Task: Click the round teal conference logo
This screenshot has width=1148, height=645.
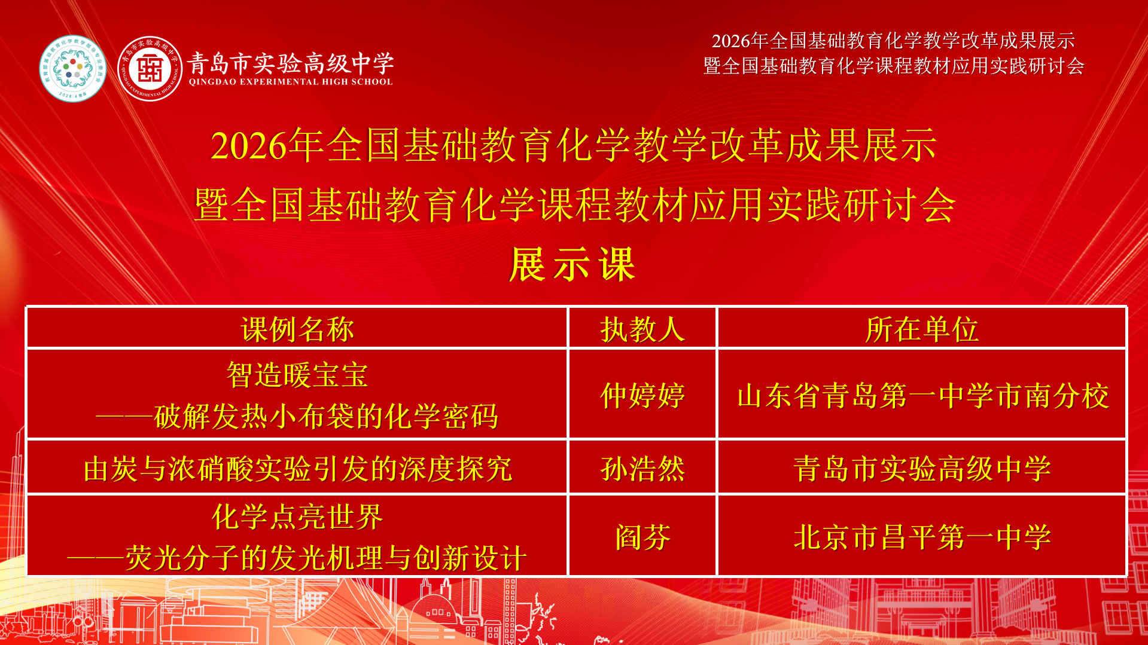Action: [x=73, y=68]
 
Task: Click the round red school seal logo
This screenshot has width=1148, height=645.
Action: [x=150, y=68]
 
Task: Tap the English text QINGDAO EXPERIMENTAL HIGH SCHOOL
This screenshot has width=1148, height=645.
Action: [x=291, y=82]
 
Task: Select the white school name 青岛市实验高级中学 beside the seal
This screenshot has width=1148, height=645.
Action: [x=291, y=63]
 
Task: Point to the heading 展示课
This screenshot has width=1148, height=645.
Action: [x=573, y=264]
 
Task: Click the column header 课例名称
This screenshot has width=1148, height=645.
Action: [x=297, y=329]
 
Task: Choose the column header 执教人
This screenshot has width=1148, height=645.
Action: [x=642, y=329]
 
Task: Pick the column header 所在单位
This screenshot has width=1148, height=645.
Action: [x=922, y=329]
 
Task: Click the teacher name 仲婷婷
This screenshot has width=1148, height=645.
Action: [x=642, y=396]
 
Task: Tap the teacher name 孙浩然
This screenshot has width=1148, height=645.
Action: [x=642, y=469]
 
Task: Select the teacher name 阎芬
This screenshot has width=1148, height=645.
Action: [x=642, y=537]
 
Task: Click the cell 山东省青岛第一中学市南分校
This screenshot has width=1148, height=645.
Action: [x=923, y=396]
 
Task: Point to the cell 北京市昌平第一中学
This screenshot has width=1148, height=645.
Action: [x=922, y=537]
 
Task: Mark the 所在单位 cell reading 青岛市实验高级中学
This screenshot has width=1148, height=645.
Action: [x=922, y=469]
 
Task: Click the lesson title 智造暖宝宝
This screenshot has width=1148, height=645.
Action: [x=297, y=375]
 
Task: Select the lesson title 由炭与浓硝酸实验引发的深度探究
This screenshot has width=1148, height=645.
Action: [x=298, y=469]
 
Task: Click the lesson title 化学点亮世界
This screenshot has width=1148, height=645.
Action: [x=297, y=516]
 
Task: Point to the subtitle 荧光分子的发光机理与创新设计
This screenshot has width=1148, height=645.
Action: [x=326, y=558]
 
